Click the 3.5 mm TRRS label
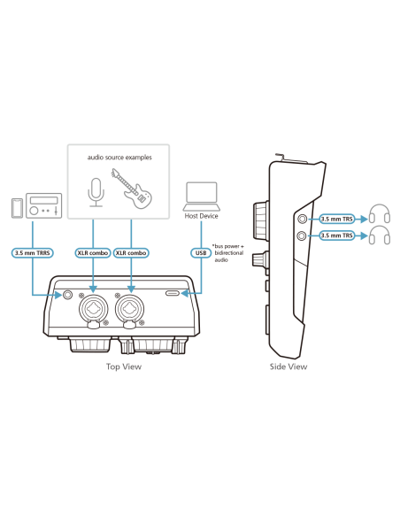click(x=32, y=253)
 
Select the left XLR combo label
click(x=93, y=253)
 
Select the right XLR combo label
click(x=131, y=253)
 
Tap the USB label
click(x=201, y=253)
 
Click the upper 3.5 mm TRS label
click(x=337, y=219)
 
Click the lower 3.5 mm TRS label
click(x=337, y=235)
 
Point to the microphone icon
click(x=96, y=193)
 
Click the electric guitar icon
click(x=132, y=189)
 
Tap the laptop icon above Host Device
click(x=202, y=197)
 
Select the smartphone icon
click(x=17, y=208)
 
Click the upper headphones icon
click(x=380, y=213)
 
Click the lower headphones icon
click(x=380, y=235)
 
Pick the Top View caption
click(x=124, y=367)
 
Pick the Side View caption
click(x=288, y=367)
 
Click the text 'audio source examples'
click(x=119, y=158)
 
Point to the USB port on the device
click(x=173, y=293)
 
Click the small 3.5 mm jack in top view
click(x=67, y=295)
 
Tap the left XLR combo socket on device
click(x=93, y=309)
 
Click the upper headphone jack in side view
click(x=302, y=219)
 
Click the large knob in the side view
click(x=261, y=220)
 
